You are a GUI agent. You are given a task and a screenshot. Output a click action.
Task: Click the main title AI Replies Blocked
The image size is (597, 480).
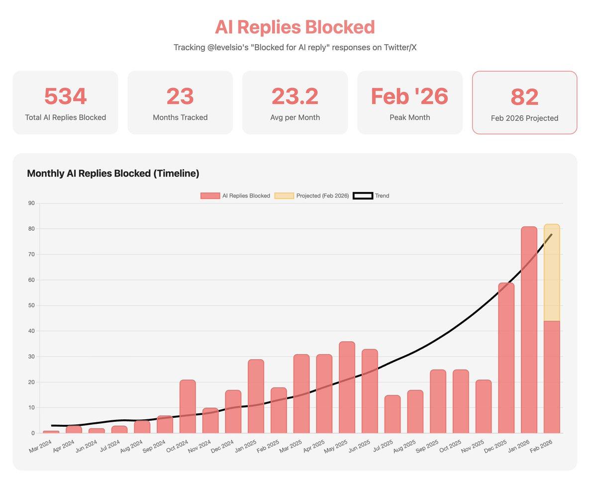[295, 27]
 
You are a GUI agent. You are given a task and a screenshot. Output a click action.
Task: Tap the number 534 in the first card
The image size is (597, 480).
[65, 96]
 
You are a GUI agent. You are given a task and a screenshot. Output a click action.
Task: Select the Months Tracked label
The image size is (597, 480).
[180, 118]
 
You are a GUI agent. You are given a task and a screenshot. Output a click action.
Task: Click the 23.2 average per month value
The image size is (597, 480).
[295, 96]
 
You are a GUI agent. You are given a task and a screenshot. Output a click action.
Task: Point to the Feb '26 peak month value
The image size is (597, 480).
[409, 96]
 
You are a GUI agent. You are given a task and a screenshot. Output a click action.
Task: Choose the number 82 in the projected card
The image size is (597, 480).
[524, 97]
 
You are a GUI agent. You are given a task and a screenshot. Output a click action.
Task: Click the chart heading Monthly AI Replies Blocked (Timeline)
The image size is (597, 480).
[113, 174]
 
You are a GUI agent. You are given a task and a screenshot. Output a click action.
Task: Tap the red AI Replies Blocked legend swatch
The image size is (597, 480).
[210, 196]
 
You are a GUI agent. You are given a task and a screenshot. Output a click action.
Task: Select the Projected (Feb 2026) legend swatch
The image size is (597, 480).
[284, 196]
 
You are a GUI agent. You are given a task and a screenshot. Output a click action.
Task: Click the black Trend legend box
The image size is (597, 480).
[362, 196]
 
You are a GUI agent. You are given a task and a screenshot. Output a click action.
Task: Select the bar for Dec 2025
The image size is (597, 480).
[506, 358]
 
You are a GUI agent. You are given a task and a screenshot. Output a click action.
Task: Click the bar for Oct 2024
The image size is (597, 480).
[188, 406]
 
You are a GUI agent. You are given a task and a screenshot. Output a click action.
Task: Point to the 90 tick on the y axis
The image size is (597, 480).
[31, 203]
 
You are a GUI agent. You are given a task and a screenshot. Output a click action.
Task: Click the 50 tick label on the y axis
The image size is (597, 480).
[31, 305]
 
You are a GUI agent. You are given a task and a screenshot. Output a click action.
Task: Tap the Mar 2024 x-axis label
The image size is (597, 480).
[40, 446]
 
